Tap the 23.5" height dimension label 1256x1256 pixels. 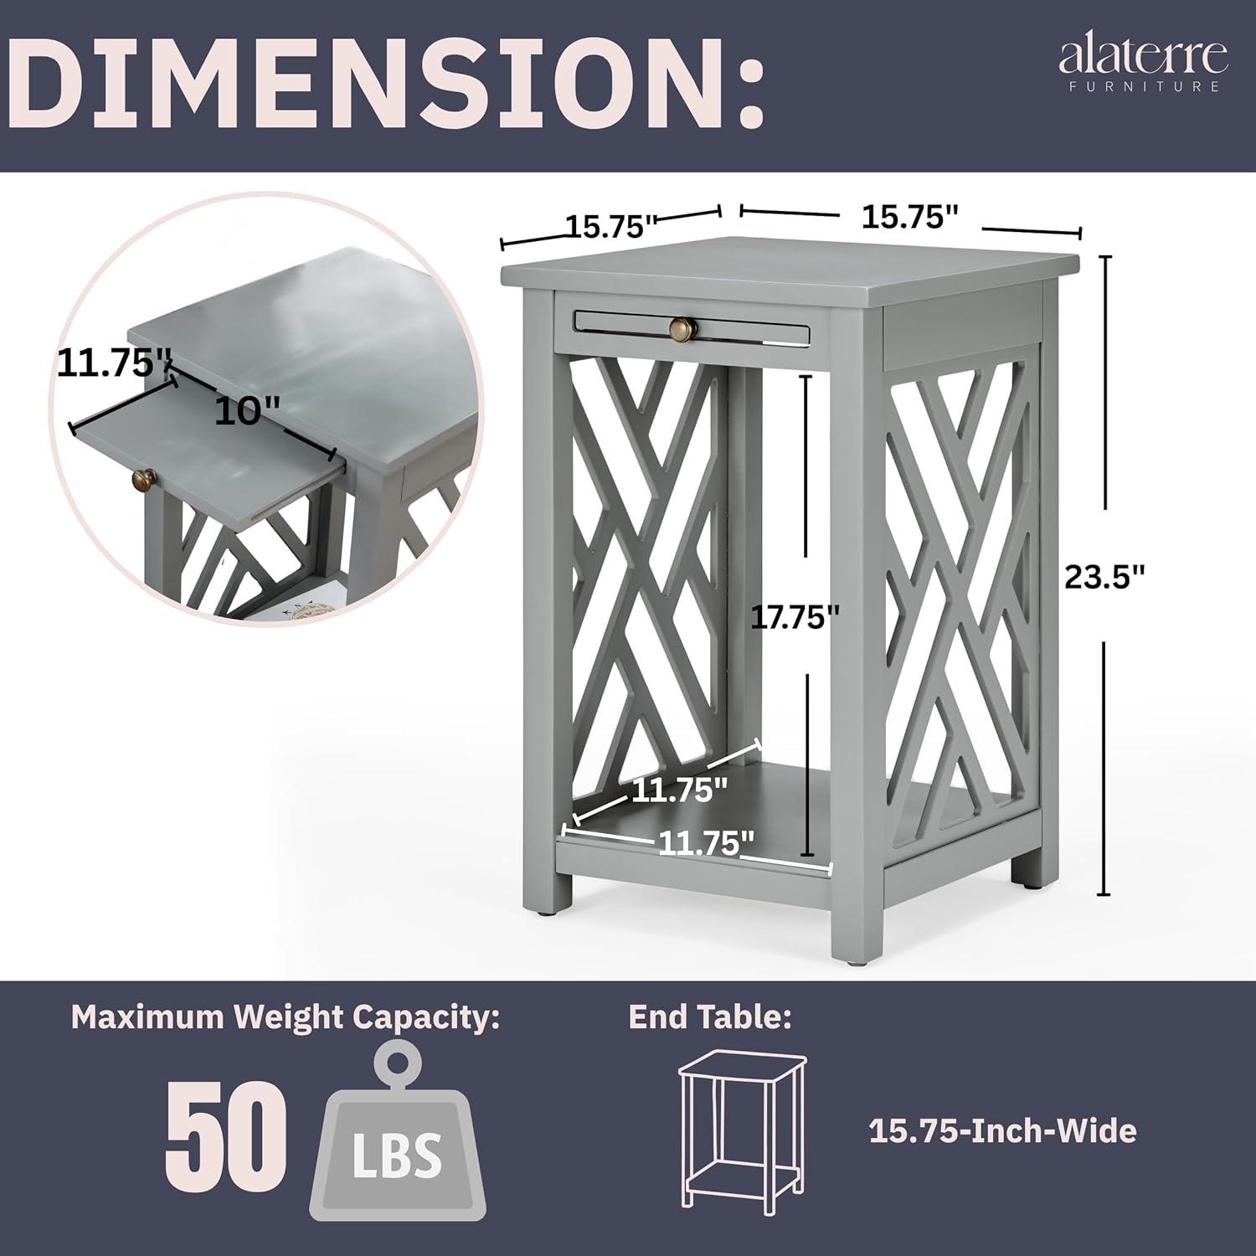click(x=1104, y=576)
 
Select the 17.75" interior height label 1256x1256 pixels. click(x=795, y=617)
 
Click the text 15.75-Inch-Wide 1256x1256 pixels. click(x=1002, y=1131)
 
